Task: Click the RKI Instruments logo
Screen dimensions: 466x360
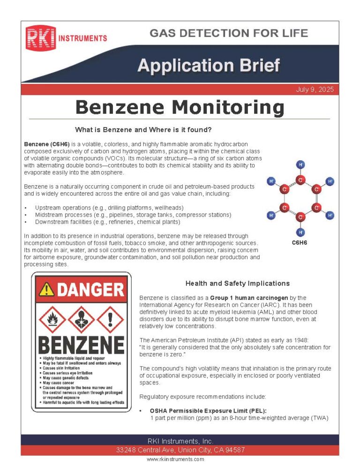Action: click(x=66, y=38)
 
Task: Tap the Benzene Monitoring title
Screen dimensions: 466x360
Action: click(x=180, y=107)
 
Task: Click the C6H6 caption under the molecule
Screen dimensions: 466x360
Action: click(x=300, y=243)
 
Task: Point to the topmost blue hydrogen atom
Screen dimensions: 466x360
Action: click(x=300, y=165)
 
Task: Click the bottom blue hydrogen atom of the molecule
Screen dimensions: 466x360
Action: click(x=300, y=232)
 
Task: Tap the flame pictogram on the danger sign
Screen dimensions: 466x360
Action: click(x=52, y=319)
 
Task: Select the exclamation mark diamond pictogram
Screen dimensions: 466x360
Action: click(x=110, y=319)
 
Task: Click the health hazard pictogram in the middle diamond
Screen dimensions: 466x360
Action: click(x=81, y=319)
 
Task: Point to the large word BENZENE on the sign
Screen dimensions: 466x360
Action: click(x=81, y=345)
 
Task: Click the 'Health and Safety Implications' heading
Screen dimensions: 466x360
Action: click(x=237, y=283)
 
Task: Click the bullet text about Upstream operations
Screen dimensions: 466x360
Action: click(x=109, y=208)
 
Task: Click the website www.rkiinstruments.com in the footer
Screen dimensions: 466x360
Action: click(x=175, y=459)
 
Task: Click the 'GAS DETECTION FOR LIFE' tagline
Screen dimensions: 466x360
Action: click(x=229, y=33)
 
